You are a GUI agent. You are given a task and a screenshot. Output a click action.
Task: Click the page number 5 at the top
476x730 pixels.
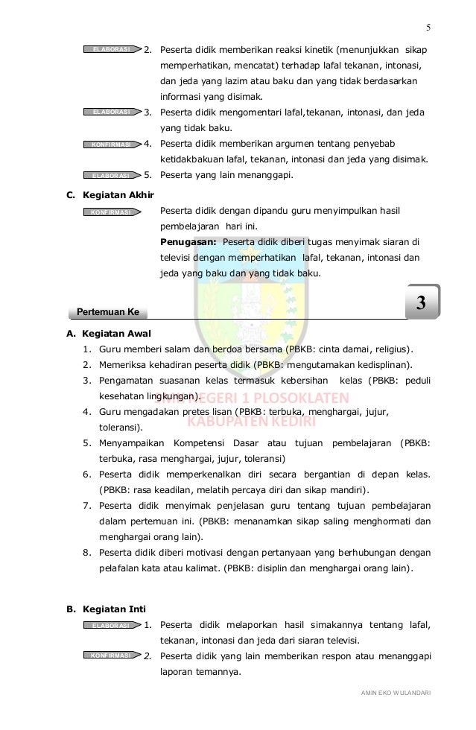[428, 29]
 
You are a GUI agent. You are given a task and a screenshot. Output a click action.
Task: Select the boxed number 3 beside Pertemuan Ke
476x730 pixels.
[421, 304]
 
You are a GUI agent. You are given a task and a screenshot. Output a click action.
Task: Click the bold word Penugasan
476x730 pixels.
[188, 242]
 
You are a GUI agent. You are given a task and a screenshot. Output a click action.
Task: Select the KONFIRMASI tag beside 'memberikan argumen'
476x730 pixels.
[112, 144]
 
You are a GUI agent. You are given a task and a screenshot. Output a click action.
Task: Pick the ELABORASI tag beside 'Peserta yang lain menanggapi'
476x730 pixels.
[112, 176]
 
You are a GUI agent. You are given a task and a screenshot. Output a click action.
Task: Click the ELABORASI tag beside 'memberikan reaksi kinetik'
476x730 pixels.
[112, 50]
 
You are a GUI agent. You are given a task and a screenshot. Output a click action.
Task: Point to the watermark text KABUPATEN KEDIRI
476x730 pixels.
[251, 423]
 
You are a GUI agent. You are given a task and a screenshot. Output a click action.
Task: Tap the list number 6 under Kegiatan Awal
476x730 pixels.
[87, 475]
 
